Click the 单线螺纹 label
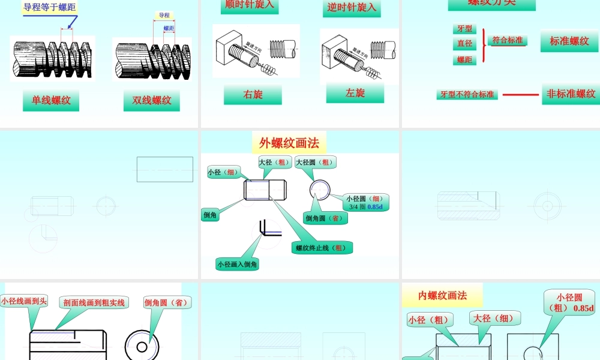pos(51,100)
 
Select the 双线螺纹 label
pos(152,100)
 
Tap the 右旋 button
pos(253,95)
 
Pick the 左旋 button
pos(355,93)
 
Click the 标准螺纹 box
pos(569,41)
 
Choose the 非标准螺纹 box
pos(571,94)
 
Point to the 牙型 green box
pos(464,29)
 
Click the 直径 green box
pos(464,44)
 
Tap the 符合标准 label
pos(508,40)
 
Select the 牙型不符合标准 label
pos(467,95)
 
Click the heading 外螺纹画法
pos(289,143)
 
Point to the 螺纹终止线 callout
pos(323,248)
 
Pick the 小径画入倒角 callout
pos(238,264)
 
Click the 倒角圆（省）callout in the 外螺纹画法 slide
pos(324,218)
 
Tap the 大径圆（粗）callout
pos(316,162)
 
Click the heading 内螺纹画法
pos(442,295)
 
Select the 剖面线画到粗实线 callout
pos(95,302)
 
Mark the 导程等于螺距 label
pos(50,7)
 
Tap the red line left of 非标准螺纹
pos(520,94)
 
